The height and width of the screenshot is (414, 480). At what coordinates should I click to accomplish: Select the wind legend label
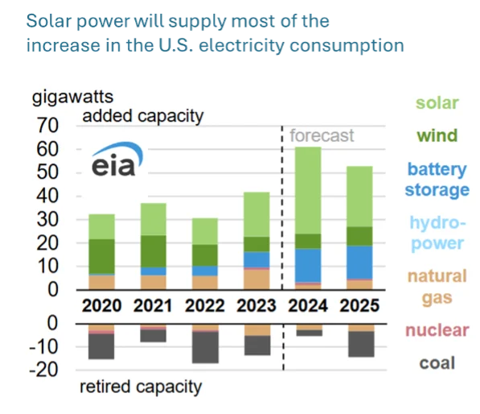tap(437, 136)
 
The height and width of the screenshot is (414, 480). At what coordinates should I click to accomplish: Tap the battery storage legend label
tap(437, 180)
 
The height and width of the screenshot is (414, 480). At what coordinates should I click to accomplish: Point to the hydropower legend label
tap(437, 232)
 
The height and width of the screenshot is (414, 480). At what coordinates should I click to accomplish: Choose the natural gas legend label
tap(437, 287)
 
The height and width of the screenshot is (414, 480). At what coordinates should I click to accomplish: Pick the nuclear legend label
tap(437, 330)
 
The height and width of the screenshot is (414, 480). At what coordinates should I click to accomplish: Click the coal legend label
tap(437, 363)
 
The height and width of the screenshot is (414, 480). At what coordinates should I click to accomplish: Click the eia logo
tap(113, 161)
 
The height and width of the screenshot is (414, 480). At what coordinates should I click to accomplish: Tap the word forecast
tap(322, 136)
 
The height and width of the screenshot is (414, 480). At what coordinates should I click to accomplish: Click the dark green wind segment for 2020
tap(101, 256)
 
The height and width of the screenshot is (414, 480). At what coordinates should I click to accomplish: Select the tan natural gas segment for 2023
tap(257, 278)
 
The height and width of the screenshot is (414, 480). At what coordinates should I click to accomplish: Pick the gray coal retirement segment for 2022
tap(204, 347)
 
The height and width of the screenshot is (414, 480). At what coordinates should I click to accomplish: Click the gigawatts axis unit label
tap(66, 99)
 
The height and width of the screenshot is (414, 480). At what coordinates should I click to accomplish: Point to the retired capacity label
tap(140, 387)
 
